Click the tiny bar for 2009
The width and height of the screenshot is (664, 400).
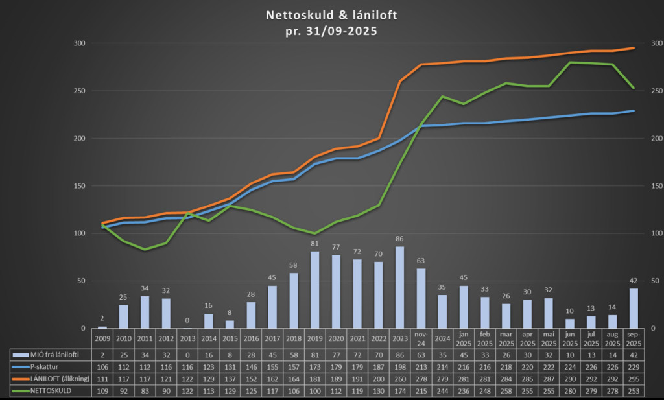pos(102,327)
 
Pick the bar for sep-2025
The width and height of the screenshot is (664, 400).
pos(634,308)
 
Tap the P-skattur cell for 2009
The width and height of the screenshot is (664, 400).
pos(102,366)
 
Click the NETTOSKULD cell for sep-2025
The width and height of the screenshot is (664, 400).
pos(634,392)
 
